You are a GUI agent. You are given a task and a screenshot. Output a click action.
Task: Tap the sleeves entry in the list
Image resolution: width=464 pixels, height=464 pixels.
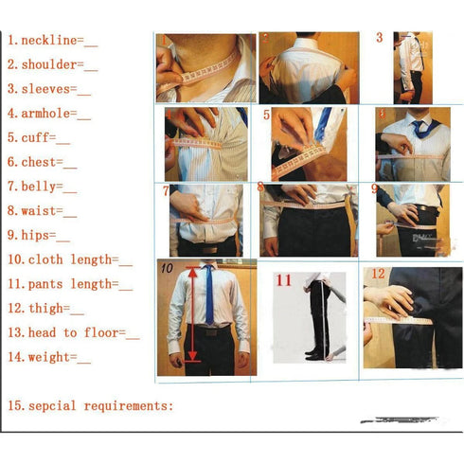point(48,90)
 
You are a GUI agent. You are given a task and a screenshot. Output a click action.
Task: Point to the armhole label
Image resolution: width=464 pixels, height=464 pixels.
point(48,114)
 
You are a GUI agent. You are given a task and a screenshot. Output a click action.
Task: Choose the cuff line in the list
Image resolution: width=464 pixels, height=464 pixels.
point(39,137)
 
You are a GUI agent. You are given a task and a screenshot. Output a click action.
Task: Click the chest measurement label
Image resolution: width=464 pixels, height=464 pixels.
point(43,162)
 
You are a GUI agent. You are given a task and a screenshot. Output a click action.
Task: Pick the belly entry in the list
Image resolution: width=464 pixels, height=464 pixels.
point(43,187)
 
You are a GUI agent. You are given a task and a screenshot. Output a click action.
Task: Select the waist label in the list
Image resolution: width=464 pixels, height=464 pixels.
point(43,211)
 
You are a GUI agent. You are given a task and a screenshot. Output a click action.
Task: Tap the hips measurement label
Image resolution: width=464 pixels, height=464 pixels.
point(39,235)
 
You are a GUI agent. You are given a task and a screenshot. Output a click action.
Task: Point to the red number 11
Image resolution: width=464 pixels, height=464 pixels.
point(284,280)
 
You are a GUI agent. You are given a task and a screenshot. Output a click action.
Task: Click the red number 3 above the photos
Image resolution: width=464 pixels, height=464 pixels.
point(380,39)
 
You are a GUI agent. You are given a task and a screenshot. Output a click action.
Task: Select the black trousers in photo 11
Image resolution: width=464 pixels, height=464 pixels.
point(317,317)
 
